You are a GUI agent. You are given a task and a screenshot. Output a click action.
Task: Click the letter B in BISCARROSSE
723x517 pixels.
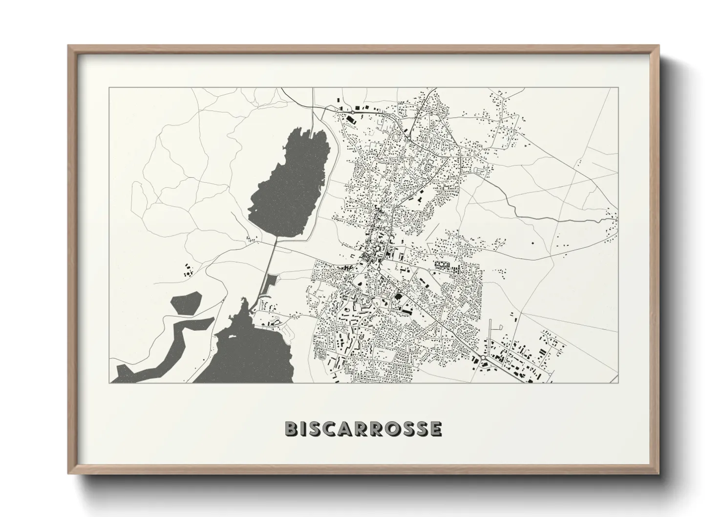point(292,429)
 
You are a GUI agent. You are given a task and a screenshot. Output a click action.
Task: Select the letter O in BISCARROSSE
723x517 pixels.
point(389,429)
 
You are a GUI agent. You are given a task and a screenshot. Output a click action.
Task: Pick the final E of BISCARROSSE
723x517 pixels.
point(436,429)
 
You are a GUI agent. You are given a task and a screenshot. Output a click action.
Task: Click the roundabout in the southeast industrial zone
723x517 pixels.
point(482,360)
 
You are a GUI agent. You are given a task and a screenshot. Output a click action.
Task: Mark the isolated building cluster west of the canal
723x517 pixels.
point(188,270)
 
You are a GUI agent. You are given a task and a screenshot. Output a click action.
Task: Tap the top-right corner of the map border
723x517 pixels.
point(618,88)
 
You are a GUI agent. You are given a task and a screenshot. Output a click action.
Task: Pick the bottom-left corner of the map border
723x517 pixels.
point(109,383)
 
